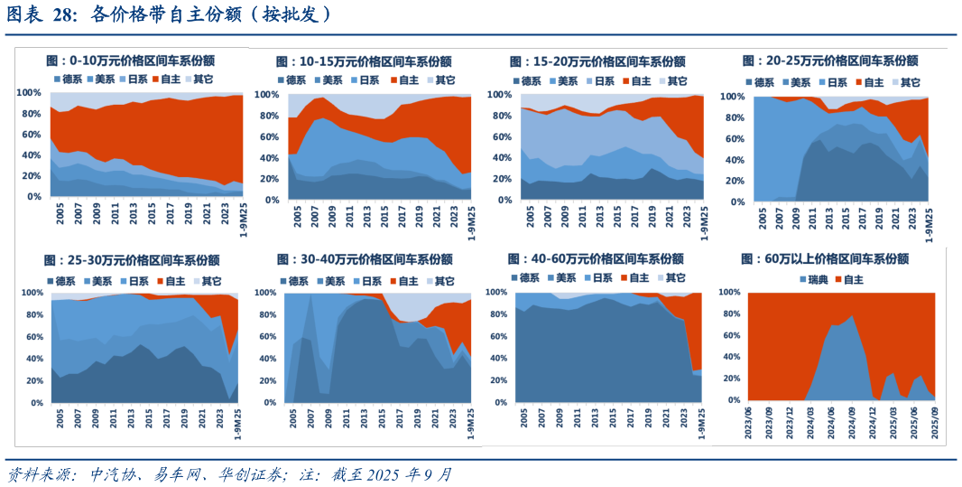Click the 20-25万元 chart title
click(829, 61)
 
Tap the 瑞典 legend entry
click(815, 280)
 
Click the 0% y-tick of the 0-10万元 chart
click(33, 197)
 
